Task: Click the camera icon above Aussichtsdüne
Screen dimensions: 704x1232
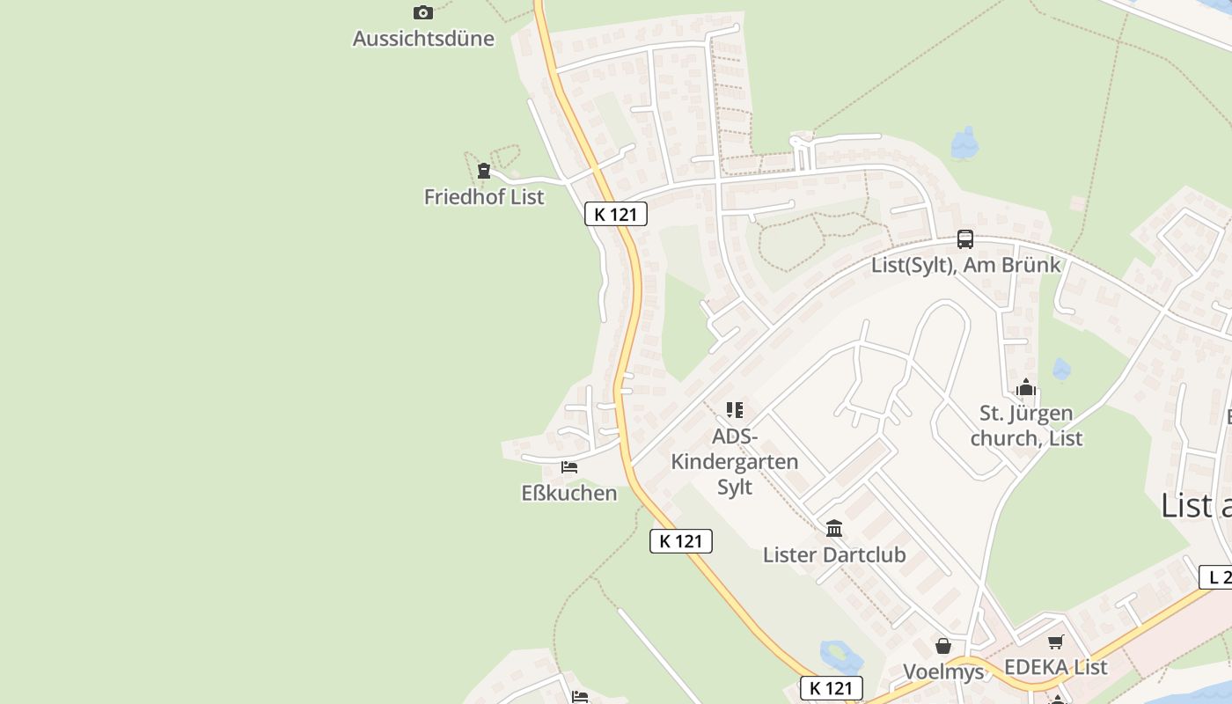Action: click(423, 12)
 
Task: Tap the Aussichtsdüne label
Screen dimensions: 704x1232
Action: click(423, 39)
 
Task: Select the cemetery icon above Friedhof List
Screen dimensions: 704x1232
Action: click(483, 171)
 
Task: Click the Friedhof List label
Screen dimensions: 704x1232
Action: click(484, 197)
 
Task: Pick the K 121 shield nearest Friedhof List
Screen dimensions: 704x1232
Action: click(616, 214)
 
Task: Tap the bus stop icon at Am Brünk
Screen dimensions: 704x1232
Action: click(965, 239)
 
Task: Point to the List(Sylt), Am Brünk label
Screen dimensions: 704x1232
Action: click(965, 265)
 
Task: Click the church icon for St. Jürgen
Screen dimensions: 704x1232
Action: click(1026, 388)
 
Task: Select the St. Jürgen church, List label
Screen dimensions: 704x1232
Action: click(1026, 425)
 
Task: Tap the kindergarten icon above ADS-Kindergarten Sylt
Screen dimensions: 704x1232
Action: click(735, 410)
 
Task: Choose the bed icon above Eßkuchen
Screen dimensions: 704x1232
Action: click(569, 467)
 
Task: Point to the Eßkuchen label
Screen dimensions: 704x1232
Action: click(569, 493)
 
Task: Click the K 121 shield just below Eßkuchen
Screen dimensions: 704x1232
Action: click(681, 541)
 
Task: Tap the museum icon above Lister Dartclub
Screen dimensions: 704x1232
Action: click(834, 529)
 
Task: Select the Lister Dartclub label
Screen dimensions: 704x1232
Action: click(834, 555)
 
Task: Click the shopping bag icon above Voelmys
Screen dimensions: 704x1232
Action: click(943, 647)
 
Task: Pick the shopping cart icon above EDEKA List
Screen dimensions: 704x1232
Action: click(1056, 642)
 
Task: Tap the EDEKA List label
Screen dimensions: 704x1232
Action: click(1056, 667)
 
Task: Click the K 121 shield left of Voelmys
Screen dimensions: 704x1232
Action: click(832, 688)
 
